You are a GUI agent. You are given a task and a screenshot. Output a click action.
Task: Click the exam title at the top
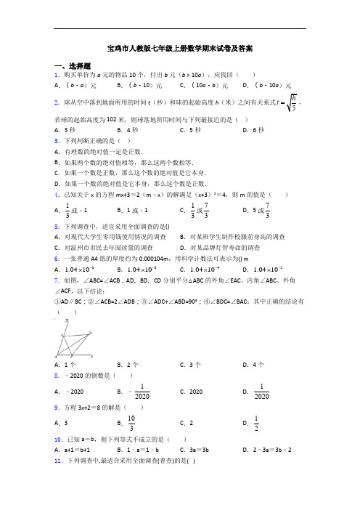click(x=179, y=49)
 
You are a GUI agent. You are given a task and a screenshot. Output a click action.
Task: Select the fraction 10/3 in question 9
click(x=130, y=422)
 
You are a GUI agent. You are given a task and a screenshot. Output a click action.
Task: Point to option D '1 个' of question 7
click(x=252, y=364)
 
